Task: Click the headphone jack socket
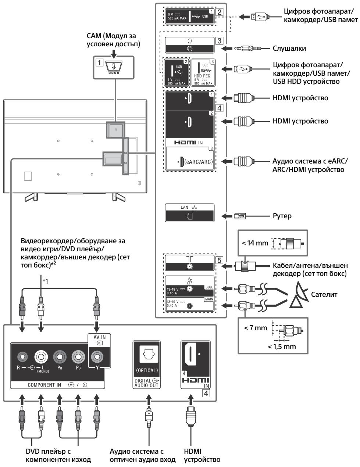tap(189, 49)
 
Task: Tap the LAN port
tap(189, 216)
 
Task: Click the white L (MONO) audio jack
tap(41, 357)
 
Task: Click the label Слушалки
tap(289, 49)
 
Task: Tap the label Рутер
tap(282, 216)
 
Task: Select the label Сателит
tap(324, 294)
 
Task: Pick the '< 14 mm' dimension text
tap(255, 243)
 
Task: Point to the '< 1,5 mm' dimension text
tap(282, 346)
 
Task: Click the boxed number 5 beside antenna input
tap(219, 260)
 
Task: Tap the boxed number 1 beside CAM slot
tap(99, 63)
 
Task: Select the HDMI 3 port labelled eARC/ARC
tap(182, 161)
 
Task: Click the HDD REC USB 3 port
tap(199, 68)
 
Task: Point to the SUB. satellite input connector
tap(189, 289)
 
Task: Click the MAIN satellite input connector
tap(190, 306)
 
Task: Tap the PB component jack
tap(78, 357)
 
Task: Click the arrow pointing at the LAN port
tap(227, 216)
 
